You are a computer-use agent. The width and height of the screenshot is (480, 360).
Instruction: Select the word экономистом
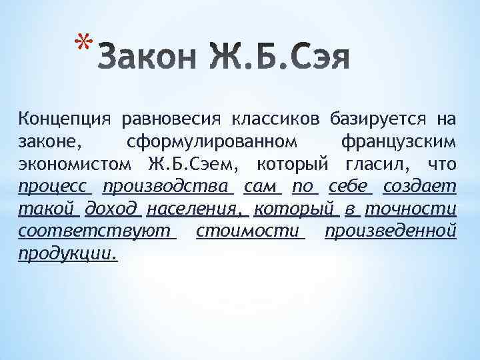tap(73, 164)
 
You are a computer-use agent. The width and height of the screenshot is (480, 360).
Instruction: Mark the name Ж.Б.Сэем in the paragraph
tap(193, 164)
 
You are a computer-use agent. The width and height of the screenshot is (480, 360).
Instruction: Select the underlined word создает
tap(419, 186)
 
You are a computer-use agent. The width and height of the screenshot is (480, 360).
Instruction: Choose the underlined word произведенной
tap(391, 231)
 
